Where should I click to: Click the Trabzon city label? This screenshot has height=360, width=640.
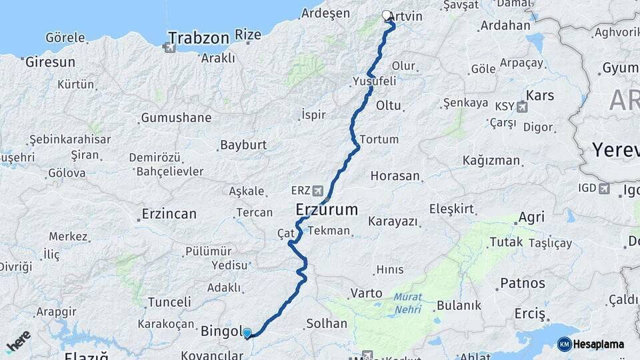199,37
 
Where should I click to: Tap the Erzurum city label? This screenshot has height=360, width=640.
327,210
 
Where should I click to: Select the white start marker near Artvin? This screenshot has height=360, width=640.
387,15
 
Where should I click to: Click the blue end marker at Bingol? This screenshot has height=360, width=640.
247,333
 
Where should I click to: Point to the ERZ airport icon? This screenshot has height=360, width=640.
317,190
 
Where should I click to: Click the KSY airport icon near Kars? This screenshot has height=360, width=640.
521,106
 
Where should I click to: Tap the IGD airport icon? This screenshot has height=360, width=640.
603,189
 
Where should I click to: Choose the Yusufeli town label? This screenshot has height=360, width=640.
374,81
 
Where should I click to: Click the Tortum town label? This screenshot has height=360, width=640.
379,139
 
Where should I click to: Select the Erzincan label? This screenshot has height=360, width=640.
169,215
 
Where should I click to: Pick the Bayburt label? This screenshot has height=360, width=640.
243,145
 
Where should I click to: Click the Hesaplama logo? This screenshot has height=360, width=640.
591,344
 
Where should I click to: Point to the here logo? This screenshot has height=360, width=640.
18,341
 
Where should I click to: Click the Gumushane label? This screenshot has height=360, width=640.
176,118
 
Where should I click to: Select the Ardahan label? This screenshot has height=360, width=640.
504,26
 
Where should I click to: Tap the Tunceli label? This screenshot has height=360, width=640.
169,302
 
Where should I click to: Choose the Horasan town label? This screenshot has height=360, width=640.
395,177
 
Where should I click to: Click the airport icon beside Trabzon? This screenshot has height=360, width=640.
169,47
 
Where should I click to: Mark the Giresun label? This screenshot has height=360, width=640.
49,63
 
